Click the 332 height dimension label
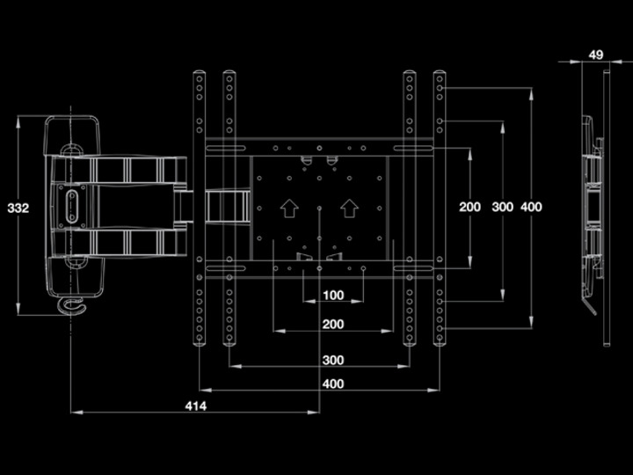click(x=18, y=208)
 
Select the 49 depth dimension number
click(x=595, y=55)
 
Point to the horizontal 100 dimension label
click(x=332, y=296)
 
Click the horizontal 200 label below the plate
click(x=332, y=325)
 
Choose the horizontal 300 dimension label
click(x=332, y=360)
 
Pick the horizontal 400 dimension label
click(x=332, y=384)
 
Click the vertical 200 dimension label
click(x=470, y=207)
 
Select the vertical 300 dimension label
click(x=502, y=207)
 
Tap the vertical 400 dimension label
click(x=531, y=207)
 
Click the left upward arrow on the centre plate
click(x=287, y=208)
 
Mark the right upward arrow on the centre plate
click(x=349, y=208)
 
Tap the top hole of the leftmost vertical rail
click(x=200, y=77)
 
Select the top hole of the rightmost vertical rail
click(x=439, y=77)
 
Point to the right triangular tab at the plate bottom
click(x=335, y=257)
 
